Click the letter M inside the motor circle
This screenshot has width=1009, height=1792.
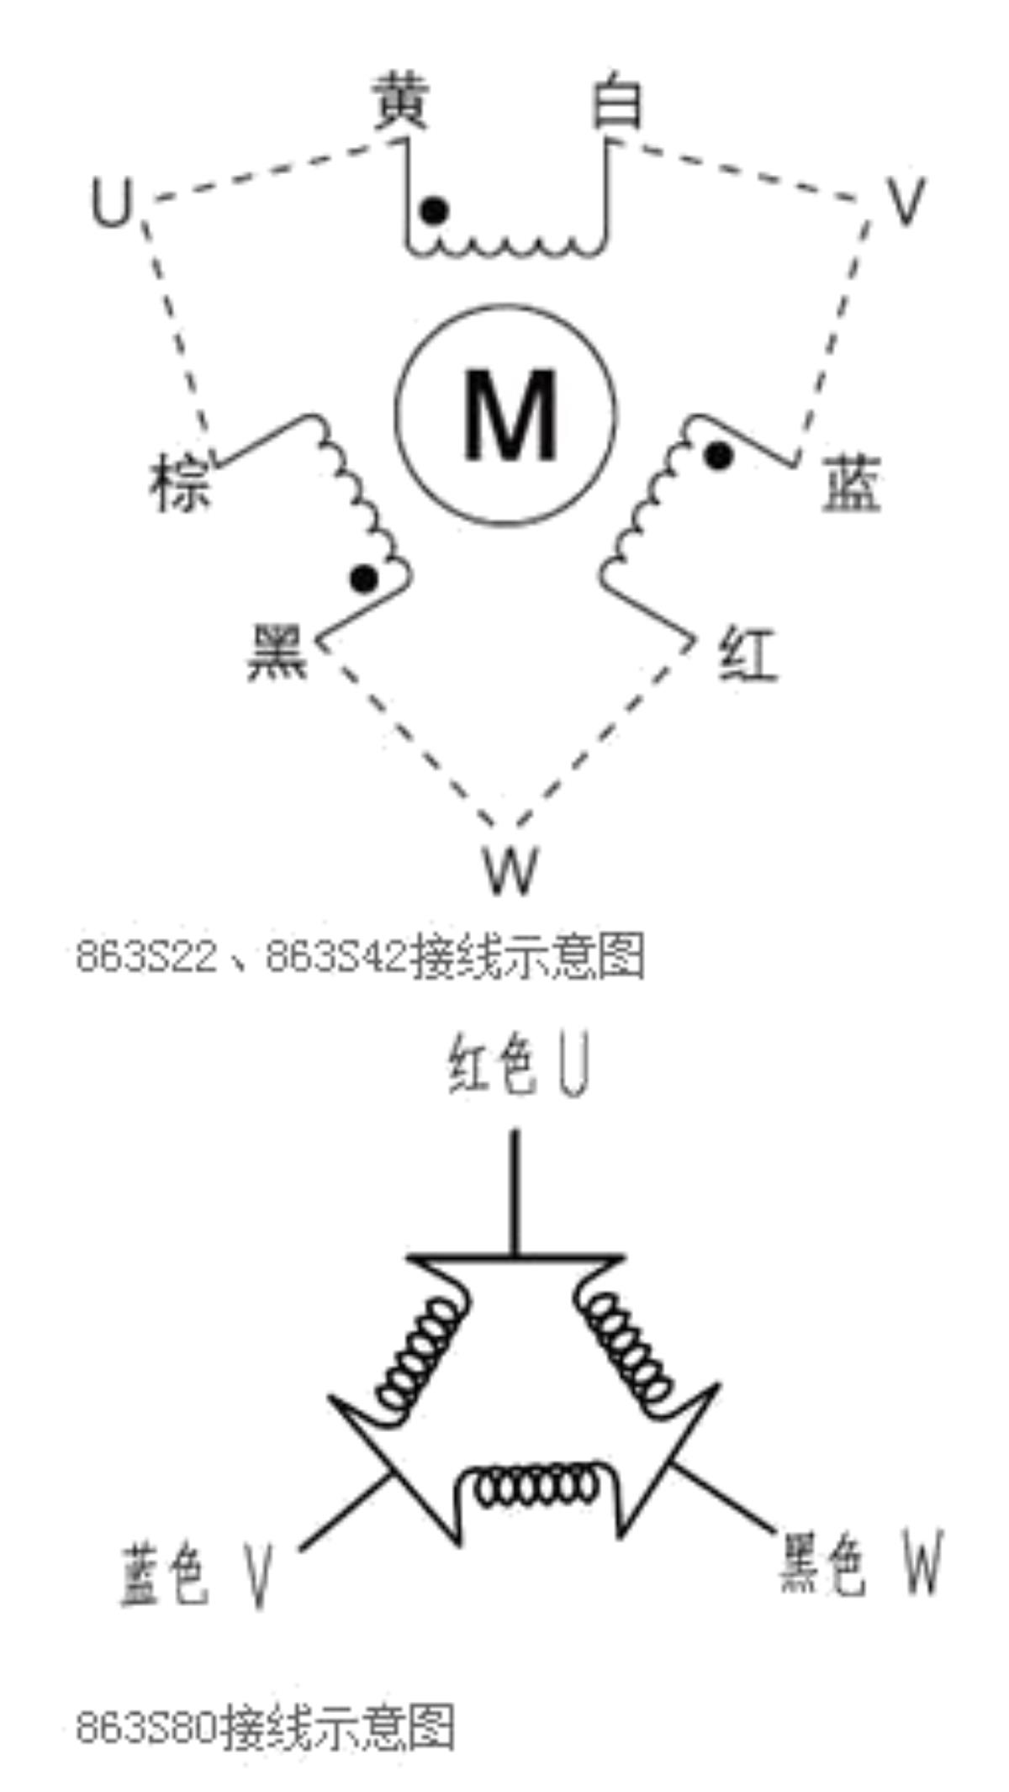(510, 416)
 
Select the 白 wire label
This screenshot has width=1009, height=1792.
(617, 102)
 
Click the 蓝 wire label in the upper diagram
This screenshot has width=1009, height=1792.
(851, 483)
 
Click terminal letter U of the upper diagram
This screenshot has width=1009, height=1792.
(112, 204)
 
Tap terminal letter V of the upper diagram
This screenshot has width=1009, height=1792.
(906, 202)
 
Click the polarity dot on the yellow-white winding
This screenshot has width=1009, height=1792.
(434, 210)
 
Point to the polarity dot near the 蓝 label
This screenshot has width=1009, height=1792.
(718, 456)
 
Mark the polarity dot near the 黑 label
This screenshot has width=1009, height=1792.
(364, 579)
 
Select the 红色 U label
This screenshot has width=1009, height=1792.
(519, 1065)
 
